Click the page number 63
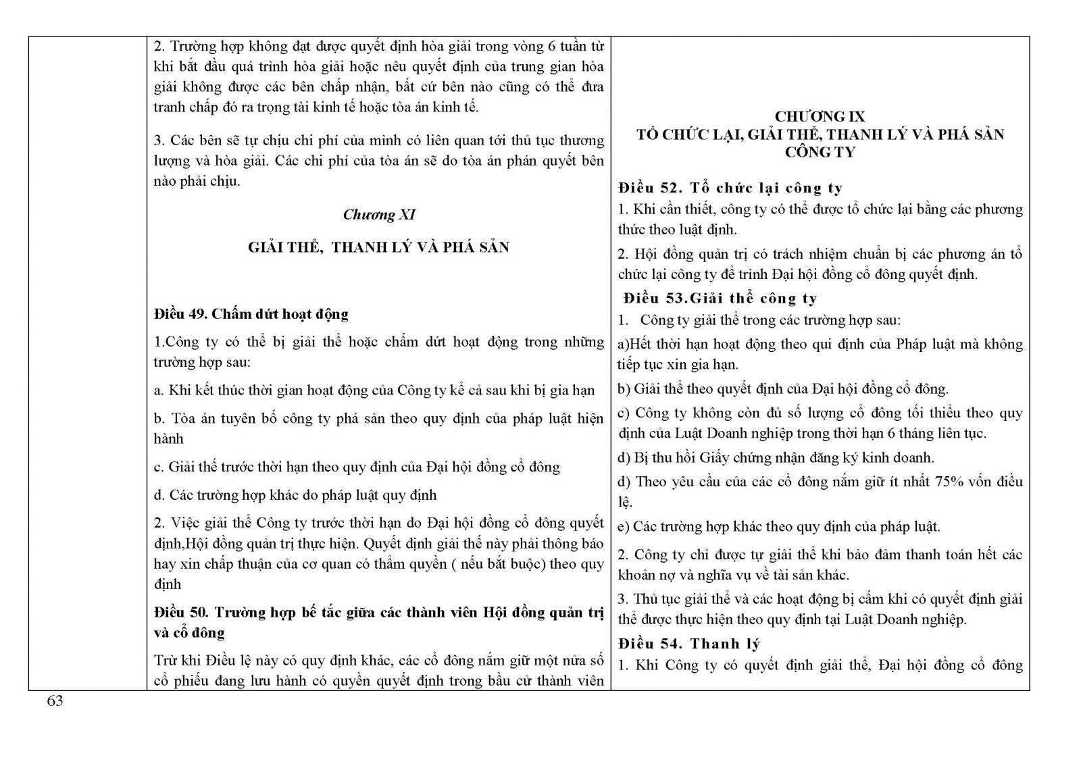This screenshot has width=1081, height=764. coord(55,701)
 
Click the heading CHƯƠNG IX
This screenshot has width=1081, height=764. coord(820,117)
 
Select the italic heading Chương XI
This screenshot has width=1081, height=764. coord(379,215)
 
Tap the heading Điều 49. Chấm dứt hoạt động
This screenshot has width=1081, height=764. coord(251,314)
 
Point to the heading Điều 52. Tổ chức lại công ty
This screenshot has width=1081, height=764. coord(730,188)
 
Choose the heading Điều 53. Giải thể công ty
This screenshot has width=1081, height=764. coord(720,299)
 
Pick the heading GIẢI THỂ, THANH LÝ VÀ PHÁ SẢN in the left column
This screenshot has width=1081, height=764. coord(378,247)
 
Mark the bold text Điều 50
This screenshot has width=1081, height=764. coord(180,613)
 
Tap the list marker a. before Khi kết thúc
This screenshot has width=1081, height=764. coord(159,390)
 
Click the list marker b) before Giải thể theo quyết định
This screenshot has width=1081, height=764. coord(624,389)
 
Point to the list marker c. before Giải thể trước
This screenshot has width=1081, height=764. coord(159,467)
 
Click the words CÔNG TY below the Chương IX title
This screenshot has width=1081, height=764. coord(820,152)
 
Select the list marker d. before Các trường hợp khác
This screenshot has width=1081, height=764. coord(159,495)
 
